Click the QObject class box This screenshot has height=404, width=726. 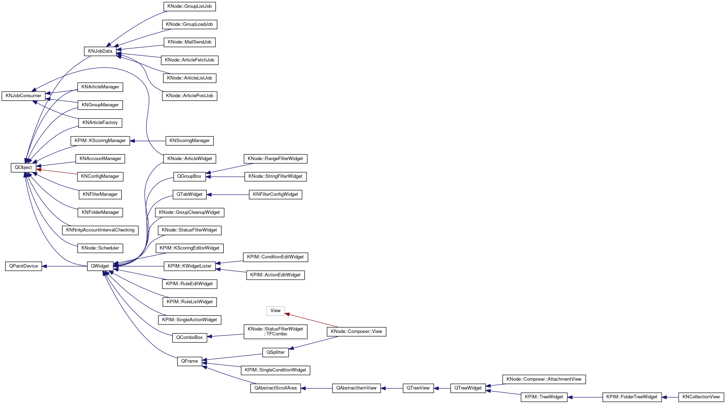click(23, 168)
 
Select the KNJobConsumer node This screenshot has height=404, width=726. click(23, 96)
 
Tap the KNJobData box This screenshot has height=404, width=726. click(100, 51)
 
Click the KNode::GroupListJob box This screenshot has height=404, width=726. click(189, 6)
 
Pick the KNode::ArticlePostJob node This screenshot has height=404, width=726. click(189, 96)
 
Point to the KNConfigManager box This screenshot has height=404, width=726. click(100, 176)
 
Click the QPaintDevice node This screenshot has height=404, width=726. click(23, 266)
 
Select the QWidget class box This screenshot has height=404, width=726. click(100, 266)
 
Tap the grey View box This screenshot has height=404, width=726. click(275, 311)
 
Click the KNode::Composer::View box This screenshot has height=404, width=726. click(356, 332)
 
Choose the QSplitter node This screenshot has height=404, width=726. click(275, 352)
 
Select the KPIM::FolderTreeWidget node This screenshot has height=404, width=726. click(632, 397)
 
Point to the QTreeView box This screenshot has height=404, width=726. click(418, 388)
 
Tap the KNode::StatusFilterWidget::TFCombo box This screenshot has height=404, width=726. click(275, 332)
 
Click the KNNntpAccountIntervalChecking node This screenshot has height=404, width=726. click(100, 230)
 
